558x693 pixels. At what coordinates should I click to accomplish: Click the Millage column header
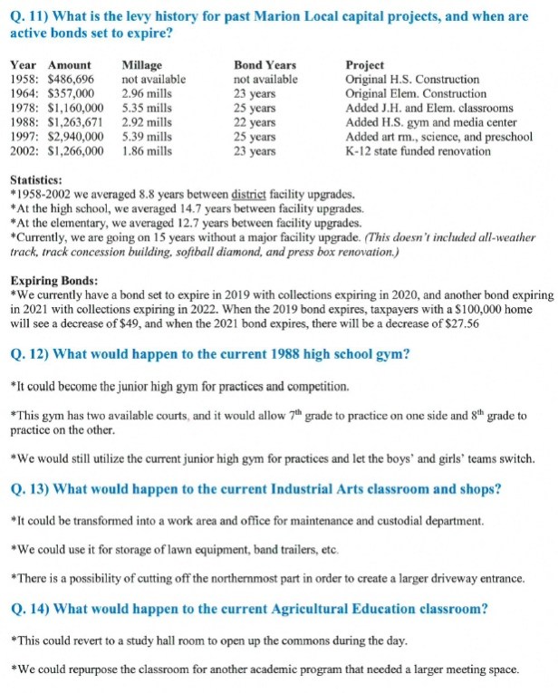tap(141, 65)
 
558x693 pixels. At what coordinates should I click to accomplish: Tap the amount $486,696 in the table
tap(71, 80)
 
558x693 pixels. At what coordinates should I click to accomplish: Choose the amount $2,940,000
tap(76, 137)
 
